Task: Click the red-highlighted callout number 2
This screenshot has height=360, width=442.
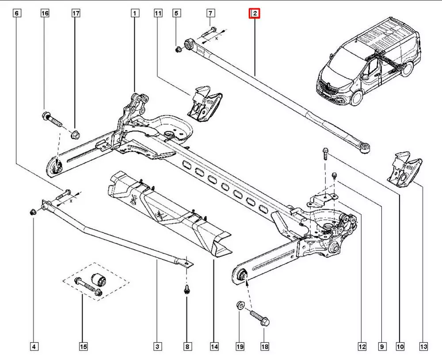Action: click(255, 14)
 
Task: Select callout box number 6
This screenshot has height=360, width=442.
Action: click(17, 14)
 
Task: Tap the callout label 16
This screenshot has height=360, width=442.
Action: click(45, 14)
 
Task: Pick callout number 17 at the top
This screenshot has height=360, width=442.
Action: click(76, 14)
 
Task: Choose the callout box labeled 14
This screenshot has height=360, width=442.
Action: click(214, 346)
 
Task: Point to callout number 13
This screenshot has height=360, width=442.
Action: click(423, 346)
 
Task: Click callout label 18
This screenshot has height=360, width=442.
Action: click(264, 346)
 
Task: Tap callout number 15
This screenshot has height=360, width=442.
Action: click(83, 346)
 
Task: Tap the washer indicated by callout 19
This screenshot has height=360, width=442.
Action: click(239, 305)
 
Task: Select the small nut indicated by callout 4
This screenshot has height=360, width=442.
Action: click(32, 213)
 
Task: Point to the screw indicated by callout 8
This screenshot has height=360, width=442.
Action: click(187, 290)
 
